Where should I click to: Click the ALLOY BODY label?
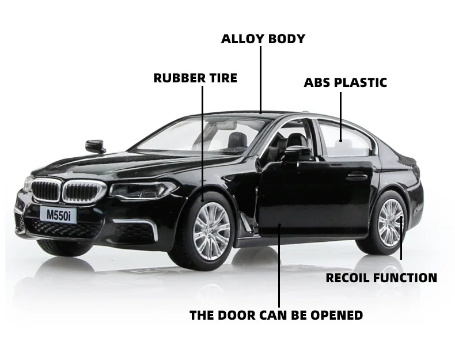coord(263,39)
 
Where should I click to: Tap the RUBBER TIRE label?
coord(195,78)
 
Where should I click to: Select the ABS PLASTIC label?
coord(345,82)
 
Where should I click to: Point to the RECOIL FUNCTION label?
coord(381,278)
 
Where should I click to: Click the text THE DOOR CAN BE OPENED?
coord(276,315)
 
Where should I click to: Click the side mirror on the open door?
coord(297,154)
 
